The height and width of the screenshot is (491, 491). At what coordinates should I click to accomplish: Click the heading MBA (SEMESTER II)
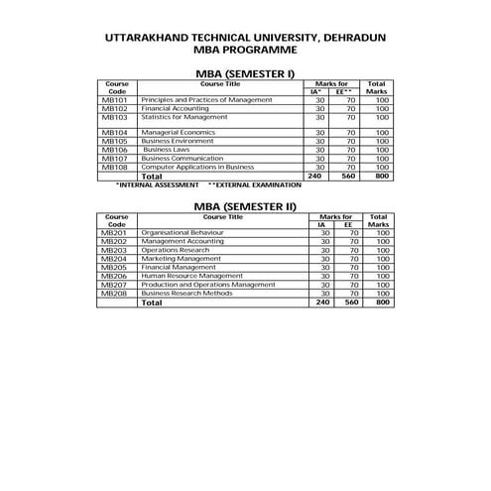245,205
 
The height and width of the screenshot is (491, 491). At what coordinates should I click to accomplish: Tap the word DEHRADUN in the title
354,38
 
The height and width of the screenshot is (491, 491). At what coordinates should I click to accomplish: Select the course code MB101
114,100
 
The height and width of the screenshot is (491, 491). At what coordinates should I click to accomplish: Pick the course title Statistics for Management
184,117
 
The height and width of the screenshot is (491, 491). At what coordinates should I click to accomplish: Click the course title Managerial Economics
178,132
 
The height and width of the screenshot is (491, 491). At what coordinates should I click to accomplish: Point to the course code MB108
114,167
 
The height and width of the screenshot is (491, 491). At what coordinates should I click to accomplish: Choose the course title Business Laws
166,149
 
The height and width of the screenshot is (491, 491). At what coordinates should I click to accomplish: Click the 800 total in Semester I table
376,177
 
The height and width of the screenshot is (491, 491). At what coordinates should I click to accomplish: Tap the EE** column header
344,91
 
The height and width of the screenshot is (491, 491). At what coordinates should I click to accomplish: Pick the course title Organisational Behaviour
183,232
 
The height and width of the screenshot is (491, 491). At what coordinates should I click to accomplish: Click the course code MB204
114,259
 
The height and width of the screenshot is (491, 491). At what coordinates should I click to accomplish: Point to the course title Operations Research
174,250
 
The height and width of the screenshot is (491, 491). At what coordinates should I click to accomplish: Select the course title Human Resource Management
192,276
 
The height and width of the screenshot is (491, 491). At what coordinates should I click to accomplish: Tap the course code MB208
114,294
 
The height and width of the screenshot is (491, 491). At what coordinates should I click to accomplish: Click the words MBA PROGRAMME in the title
245,49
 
